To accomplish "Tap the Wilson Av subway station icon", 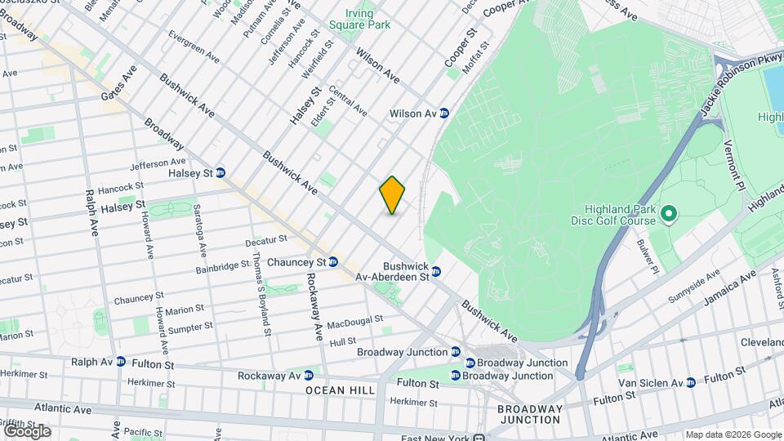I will [444, 114].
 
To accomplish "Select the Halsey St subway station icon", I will [220, 172].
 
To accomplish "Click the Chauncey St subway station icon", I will [333, 261].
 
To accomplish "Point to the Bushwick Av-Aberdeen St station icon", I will [436, 271].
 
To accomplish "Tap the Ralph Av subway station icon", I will [120, 361].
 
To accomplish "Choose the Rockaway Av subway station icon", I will [308, 376].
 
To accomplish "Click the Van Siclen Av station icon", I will [691, 382].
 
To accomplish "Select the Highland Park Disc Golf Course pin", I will [669, 215].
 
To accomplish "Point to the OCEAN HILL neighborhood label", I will [341, 390].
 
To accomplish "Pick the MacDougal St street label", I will [355, 323].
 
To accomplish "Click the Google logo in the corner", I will [27, 430].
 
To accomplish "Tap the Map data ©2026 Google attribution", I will [733, 434].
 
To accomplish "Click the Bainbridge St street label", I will [222, 266].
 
